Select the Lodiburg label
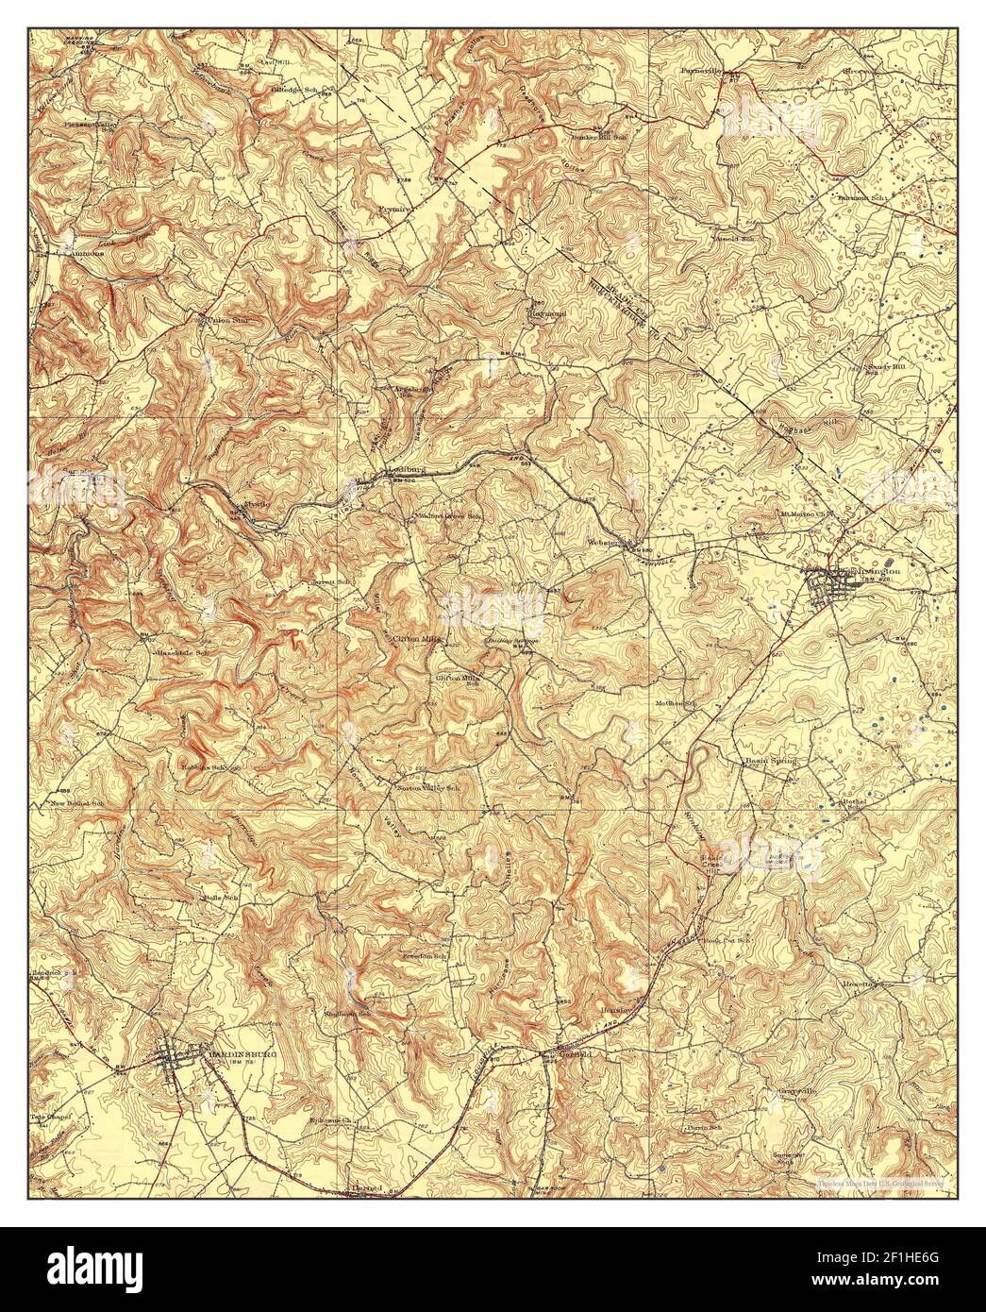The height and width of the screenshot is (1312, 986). [x=398, y=467]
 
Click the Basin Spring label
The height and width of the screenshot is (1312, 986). [x=770, y=761]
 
